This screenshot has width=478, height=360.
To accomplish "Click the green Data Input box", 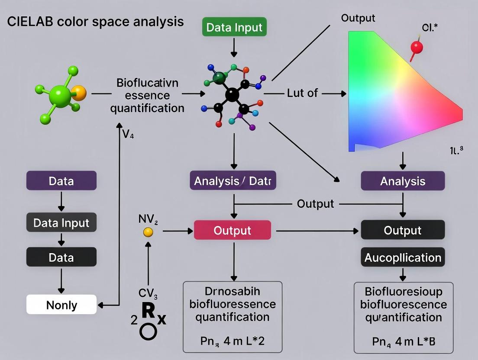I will coord(234,28).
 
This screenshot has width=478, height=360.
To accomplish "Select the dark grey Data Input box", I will coord(61,223).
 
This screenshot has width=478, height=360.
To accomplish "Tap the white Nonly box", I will coord(61,305).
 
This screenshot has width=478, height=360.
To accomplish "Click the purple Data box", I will coord(61,181).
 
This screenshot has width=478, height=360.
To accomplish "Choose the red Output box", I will coord(232,230).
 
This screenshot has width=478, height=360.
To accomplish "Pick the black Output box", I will coord(402,230).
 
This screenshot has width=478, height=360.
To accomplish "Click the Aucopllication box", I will coord(402,257).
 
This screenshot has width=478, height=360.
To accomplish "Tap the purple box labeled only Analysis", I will coord(402,181).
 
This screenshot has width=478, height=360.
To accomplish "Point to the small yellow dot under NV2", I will coord(148,232).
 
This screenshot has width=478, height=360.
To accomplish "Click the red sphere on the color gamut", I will coord(416,47).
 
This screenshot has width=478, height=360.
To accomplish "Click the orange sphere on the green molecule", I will coord(78,93).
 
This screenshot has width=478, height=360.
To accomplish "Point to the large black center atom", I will coord(233,94).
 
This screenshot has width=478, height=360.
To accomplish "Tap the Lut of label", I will coord(302,93).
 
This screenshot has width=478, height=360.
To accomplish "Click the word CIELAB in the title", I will coord(28,22).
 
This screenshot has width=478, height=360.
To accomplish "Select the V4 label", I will coord(128,135).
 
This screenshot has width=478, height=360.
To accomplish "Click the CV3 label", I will coord(148,293).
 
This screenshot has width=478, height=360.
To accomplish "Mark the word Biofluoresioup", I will coord(403,292).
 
